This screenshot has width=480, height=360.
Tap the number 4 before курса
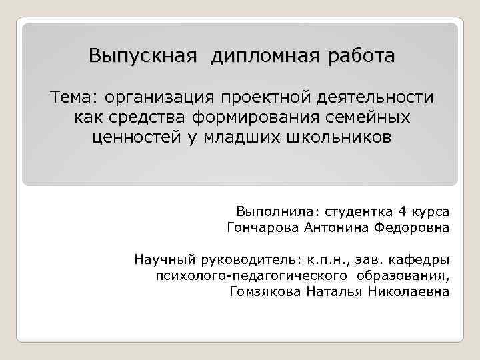point(401,212)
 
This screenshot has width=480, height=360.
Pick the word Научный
point(161,259)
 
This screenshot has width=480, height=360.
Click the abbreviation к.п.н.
point(327,259)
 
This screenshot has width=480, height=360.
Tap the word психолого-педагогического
point(250,275)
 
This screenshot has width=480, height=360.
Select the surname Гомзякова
point(265,292)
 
